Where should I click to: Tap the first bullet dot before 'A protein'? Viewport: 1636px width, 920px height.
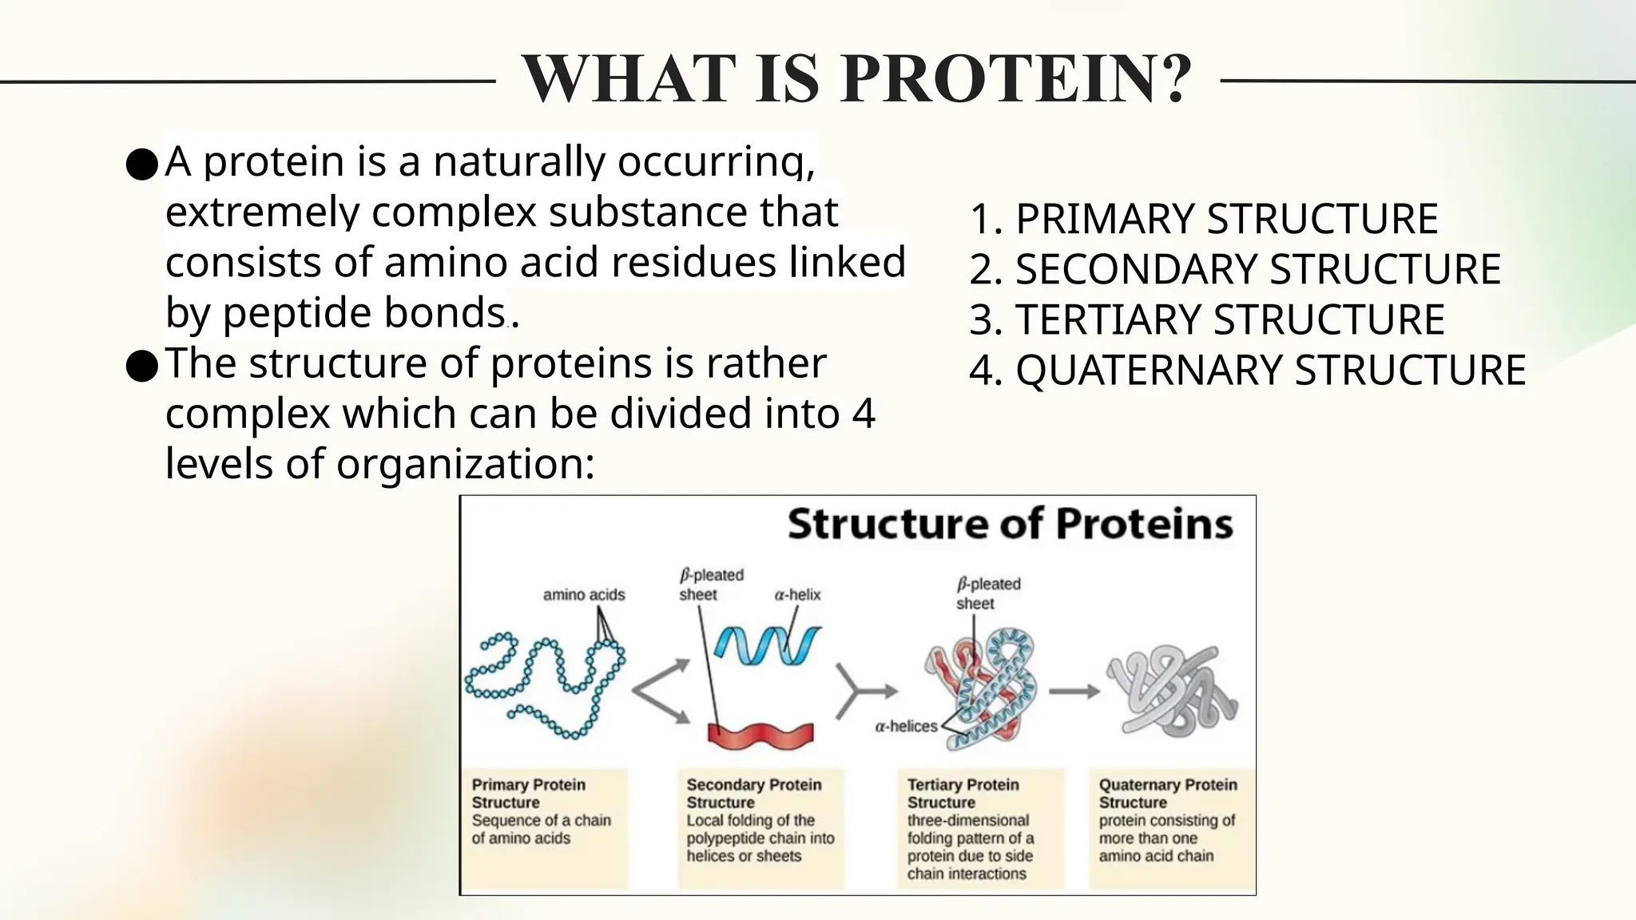[x=141, y=165]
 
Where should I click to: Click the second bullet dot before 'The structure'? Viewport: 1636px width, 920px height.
[x=141, y=367]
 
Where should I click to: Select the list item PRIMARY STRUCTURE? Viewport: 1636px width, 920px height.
[x=1203, y=219]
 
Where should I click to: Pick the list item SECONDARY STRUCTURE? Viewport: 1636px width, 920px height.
[x=1235, y=269]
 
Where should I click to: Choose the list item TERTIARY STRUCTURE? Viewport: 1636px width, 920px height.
[x=1206, y=319]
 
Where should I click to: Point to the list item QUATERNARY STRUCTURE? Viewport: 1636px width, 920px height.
[x=1247, y=370]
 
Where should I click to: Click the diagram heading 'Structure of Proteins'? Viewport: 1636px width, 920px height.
[x=1010, y=525]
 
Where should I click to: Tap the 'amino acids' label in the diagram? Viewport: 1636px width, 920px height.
[x=584, y=594]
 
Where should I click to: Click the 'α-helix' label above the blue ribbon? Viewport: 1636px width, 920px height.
[x=797, y=594]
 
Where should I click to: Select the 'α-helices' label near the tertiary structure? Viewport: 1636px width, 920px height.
[x=906, y=726]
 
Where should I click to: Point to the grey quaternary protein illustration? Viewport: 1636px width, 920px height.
[x=1171, y=692]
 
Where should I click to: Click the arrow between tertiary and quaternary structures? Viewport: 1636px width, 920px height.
[x=1074, y=692]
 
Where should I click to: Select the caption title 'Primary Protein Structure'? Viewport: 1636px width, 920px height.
[x=528, y=793]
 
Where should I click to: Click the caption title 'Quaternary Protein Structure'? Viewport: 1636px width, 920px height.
[x=1167, y=793]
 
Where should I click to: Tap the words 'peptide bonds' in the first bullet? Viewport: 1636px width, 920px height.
[x=363, y=313]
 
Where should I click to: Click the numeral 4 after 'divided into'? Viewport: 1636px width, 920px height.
[x=864, y=414]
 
